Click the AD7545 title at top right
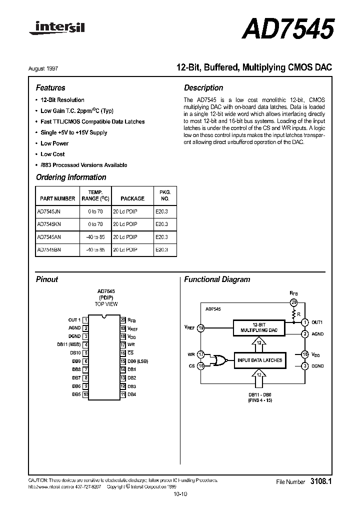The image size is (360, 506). pyautogui.click(x=287, y=29)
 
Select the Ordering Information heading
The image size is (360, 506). pyautogui.click(x=71, y=177)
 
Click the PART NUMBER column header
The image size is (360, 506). pyautogui.click(x=56, y=198)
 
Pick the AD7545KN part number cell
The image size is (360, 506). pyautogui.click(x=49, y=224)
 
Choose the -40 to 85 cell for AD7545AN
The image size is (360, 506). pyautogui.click(x=95, y=237)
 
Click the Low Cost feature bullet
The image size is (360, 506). pyautogui.click(x=52, y=154)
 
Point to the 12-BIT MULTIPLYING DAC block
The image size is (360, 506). pyautogui.click(x=259, y=328)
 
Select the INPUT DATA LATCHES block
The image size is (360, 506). pyautogui.click(x=259, y=360)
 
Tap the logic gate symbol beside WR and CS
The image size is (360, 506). pyautogui.click(x=218, y=360)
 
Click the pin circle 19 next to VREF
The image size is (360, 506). pyautogui.click(x=201, y=328)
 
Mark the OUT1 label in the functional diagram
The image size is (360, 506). pyautogui.click(x=317, y=322)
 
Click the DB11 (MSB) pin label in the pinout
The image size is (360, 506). pyautogui.click(x=69, y=344)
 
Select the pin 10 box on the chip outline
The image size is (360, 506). pyautogui.click(x=86, y=394)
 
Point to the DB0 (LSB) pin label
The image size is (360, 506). pyautogui.click(x=138, y=361)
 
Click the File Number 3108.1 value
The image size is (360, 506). pyautogui.click(x=321, y=481)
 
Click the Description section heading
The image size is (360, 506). pyautogui.click(x=203, y=88)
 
